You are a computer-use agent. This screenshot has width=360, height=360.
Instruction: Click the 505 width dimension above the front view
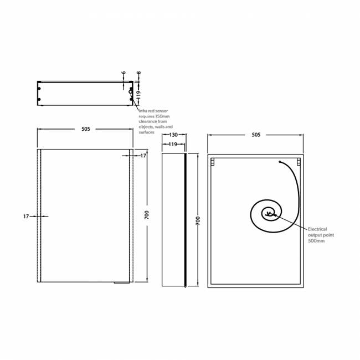coord(86,129)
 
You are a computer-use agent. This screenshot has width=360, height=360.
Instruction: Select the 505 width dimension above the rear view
coord(256,135)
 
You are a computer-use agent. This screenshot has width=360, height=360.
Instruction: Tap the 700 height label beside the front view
coord(147,215)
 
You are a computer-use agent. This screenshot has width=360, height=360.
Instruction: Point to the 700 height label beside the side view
coord(198,220)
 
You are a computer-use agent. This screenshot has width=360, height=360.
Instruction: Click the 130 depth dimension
coord(173,135)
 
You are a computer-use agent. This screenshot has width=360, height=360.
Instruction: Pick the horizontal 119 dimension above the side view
coord(173,145)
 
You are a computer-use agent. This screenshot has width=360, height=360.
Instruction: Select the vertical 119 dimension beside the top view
coord(138,95)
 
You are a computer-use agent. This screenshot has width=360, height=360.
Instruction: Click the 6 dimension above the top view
coord(124,73)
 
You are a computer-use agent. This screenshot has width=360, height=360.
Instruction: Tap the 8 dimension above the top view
coord(138,73)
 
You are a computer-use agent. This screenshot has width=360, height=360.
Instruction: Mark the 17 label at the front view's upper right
coord(143,156)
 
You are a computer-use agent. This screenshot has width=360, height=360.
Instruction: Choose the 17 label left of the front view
coord(26,216)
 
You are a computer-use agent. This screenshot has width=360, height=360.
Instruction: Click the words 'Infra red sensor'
coord(153,111)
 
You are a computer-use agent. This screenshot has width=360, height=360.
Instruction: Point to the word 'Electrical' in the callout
coord(317,229)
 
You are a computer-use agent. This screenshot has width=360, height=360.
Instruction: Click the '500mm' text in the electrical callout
coord(316,241)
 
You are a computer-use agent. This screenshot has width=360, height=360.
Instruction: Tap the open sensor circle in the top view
coord(130,92)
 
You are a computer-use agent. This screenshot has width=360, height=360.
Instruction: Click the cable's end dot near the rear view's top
coord(280,162)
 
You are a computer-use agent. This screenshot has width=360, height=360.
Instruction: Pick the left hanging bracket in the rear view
coord(213,162)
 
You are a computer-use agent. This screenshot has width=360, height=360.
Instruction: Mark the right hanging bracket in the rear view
coord(299,162)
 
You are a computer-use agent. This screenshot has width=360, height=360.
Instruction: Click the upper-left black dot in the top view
coord(39,89)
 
